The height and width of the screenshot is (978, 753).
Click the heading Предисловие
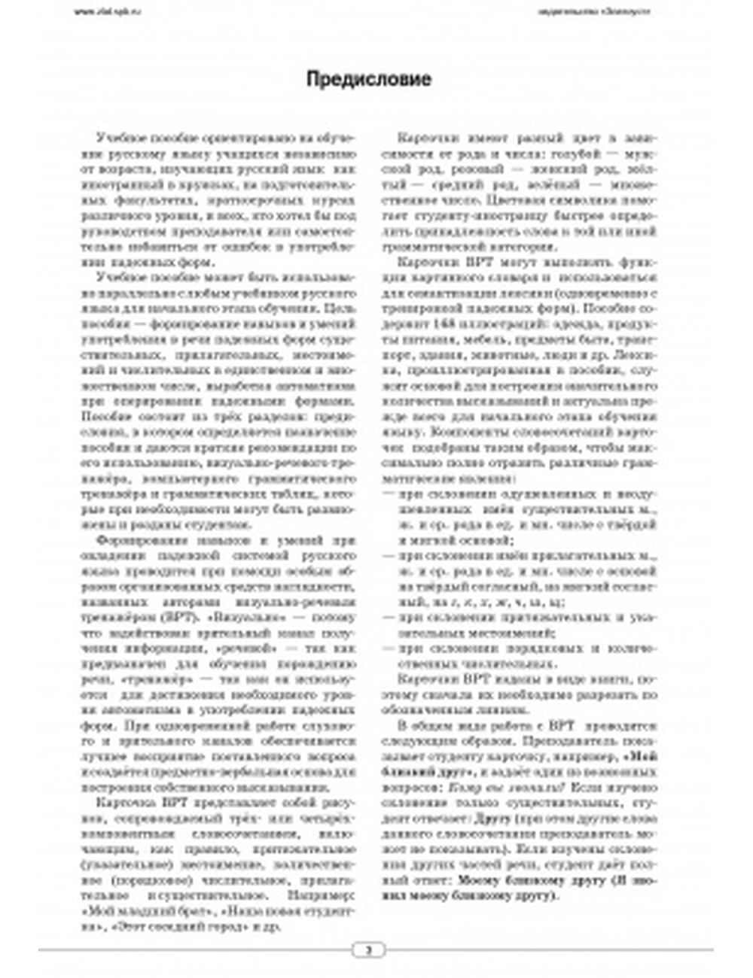tap(368, 79)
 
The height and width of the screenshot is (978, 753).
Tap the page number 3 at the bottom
tap(368, 949)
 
